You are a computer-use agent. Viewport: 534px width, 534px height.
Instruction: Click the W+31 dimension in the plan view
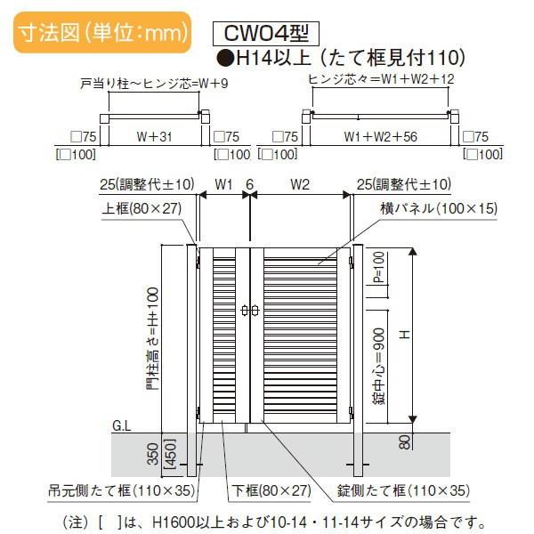153,138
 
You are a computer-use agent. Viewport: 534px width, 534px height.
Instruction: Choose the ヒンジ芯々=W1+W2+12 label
382,79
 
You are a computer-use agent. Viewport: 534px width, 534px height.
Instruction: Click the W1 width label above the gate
223,184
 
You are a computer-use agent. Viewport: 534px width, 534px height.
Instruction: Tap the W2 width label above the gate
300,184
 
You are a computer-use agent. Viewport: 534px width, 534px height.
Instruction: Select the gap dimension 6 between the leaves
250,184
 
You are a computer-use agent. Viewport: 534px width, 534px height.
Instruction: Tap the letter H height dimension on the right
403,335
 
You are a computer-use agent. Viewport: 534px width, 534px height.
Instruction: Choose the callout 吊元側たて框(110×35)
121,490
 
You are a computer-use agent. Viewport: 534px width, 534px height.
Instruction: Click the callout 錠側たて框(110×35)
402,490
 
